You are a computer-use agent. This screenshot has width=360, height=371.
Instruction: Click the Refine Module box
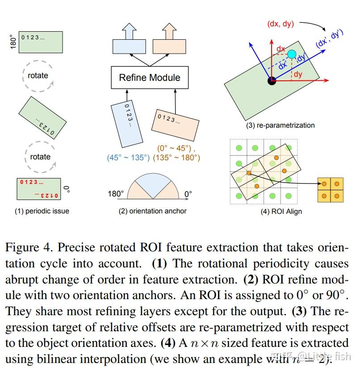tap(149, 78)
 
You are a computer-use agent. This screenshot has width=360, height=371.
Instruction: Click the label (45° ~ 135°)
tap(128, 158)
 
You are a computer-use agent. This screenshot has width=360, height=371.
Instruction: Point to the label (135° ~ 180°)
tap(176, 158)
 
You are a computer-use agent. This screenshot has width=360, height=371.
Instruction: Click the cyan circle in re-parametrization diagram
tap(292, 54)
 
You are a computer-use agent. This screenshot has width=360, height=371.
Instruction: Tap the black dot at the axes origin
tap(272, 80)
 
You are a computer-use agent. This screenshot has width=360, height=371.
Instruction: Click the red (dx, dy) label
tap(280, 24)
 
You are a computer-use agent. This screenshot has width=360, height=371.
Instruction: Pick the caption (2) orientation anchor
tap(152, 211)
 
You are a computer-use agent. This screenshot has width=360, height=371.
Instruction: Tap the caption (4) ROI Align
tap(281, 211)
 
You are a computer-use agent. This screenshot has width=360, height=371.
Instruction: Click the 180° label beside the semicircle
tap(116, 194)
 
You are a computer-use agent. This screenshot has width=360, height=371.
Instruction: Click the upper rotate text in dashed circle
tap(38, 75)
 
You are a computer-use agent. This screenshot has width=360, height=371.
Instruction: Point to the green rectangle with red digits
tap(39, 189)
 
